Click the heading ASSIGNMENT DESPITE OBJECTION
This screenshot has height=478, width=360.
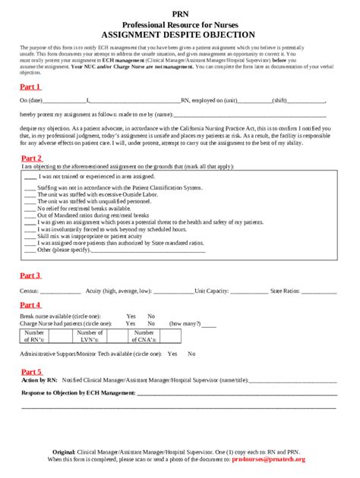pyautogui.click(x=180, y=34)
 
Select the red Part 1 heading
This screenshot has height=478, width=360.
pyautogui.click(x=30, y=87)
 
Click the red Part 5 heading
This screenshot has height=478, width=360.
pyautogui.click(x=30, y=372)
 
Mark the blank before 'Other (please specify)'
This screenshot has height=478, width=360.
pyautogui.click(x=30, y=249)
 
